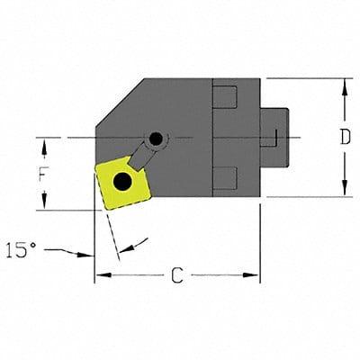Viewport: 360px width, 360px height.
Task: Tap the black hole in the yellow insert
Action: point(121,183)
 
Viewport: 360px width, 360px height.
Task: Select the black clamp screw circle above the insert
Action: point(157,139)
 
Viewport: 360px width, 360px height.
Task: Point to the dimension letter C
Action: point(176,277)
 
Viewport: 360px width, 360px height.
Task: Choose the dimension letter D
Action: point(344,138)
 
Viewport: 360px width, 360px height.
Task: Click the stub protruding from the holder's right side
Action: point(274,138)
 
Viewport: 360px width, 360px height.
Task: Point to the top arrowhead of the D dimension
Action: point(344,84)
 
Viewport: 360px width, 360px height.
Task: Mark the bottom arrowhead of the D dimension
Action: point(344,192)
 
